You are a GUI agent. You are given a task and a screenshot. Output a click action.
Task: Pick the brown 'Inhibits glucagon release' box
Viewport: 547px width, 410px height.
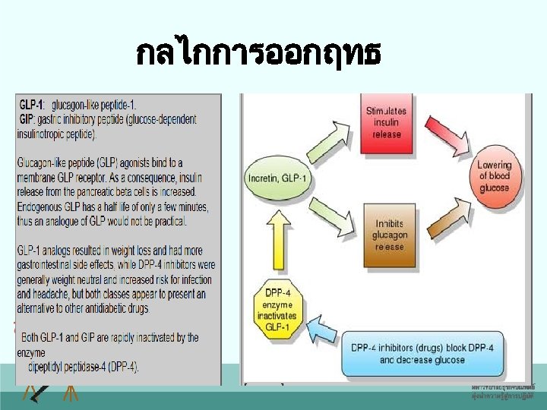[x=390, y=235]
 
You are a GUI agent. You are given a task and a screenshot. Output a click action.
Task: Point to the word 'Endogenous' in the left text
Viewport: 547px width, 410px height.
[x=44, y=207]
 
